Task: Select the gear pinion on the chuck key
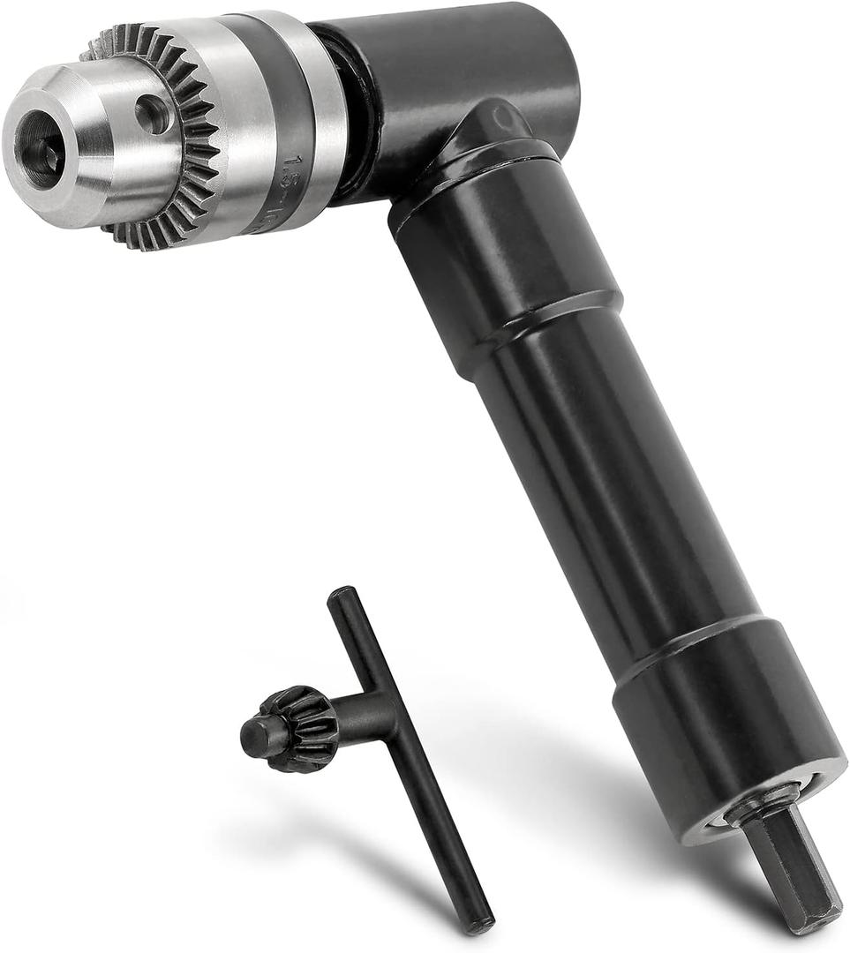[300, 728]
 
